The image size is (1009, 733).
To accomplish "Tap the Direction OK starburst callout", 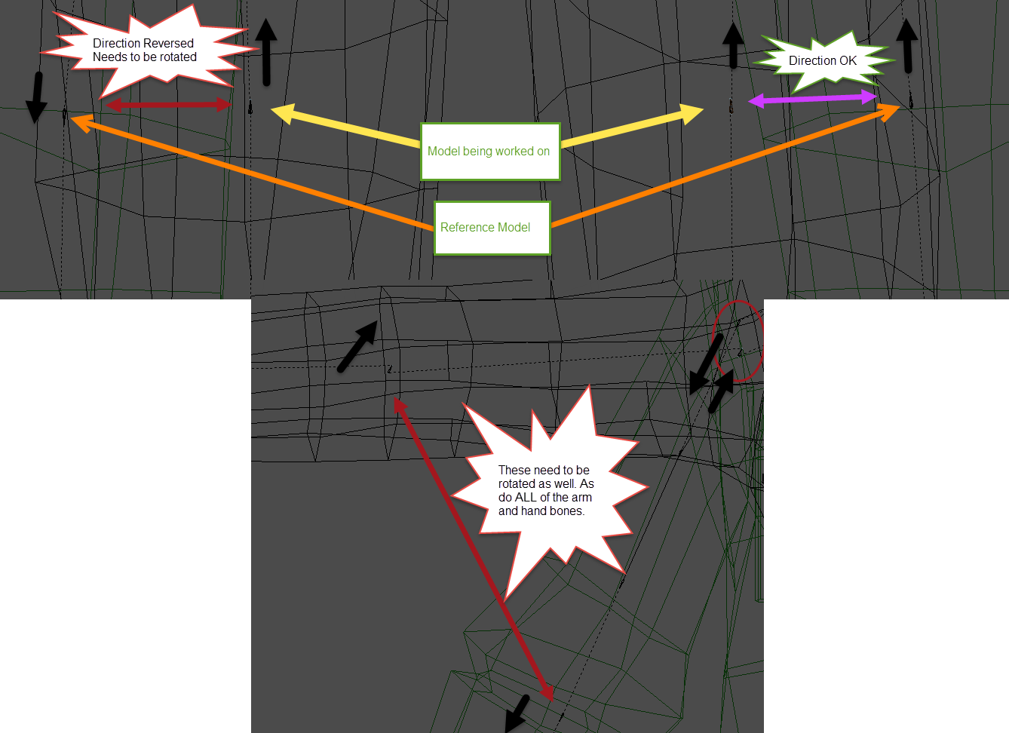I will point(823,60).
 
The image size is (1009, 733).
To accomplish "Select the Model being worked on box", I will point(489,152).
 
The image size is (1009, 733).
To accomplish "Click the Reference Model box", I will point(492,228).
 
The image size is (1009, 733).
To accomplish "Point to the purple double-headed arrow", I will point(812,99).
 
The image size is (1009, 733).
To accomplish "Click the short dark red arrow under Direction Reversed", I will point(168,105).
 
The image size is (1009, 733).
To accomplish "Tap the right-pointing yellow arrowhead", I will point(692,113).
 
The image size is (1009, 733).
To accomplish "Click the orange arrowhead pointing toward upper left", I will point(81,121).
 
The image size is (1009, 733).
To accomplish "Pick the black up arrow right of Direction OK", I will point(907,45).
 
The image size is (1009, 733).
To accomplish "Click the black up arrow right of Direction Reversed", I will point(266,51).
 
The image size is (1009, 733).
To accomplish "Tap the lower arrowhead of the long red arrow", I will point(548,692).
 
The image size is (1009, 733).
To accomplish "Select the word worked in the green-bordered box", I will point(515,152).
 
